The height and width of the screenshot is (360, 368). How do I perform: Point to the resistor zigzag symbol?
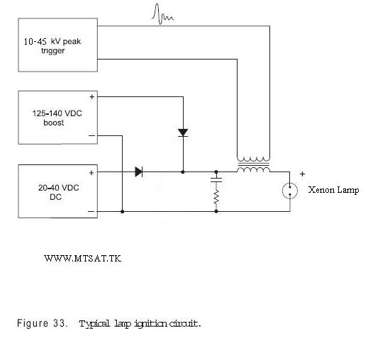[216, 197]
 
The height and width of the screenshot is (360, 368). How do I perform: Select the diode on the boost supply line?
[183, 133]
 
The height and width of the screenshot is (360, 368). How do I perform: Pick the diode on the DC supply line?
[139, 171]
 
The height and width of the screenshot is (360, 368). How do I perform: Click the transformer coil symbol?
[253, 164]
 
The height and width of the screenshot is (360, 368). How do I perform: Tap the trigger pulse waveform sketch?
[163, 14]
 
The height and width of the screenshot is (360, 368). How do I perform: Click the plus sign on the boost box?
[92, 97]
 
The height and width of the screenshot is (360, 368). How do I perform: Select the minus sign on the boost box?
[91, 135]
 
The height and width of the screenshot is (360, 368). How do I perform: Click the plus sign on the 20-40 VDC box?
[91, 173]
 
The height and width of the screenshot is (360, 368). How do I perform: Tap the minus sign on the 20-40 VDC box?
[91, 211]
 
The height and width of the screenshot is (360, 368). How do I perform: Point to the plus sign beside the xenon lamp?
[302, 174]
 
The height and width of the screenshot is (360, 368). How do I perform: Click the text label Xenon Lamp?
[333, 190]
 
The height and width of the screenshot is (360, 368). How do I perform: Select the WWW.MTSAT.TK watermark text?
[83, 259]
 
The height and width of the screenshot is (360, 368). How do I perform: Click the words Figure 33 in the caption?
[42, 323]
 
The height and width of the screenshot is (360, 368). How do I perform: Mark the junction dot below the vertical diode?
[183, 172]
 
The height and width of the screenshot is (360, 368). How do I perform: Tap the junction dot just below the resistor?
[216, 211]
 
